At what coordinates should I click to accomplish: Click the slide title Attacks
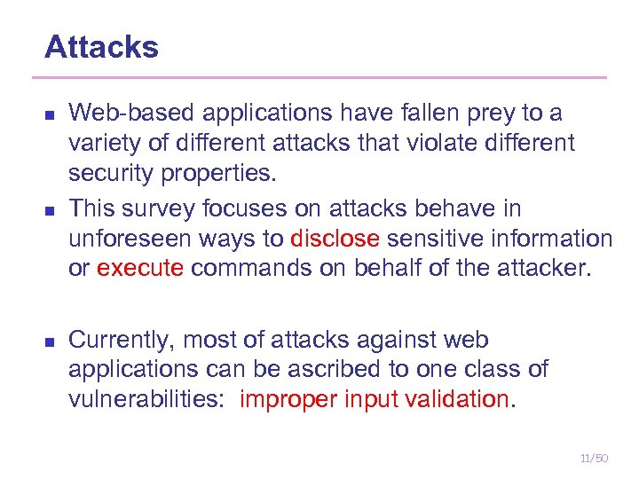[101, 47]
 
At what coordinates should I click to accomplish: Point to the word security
[111, 171]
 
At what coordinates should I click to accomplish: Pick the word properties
[217, 171]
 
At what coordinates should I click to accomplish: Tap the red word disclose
[335, 239]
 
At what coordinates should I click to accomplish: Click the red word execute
[140, 268]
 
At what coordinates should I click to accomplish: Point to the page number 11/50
[593, 458]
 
